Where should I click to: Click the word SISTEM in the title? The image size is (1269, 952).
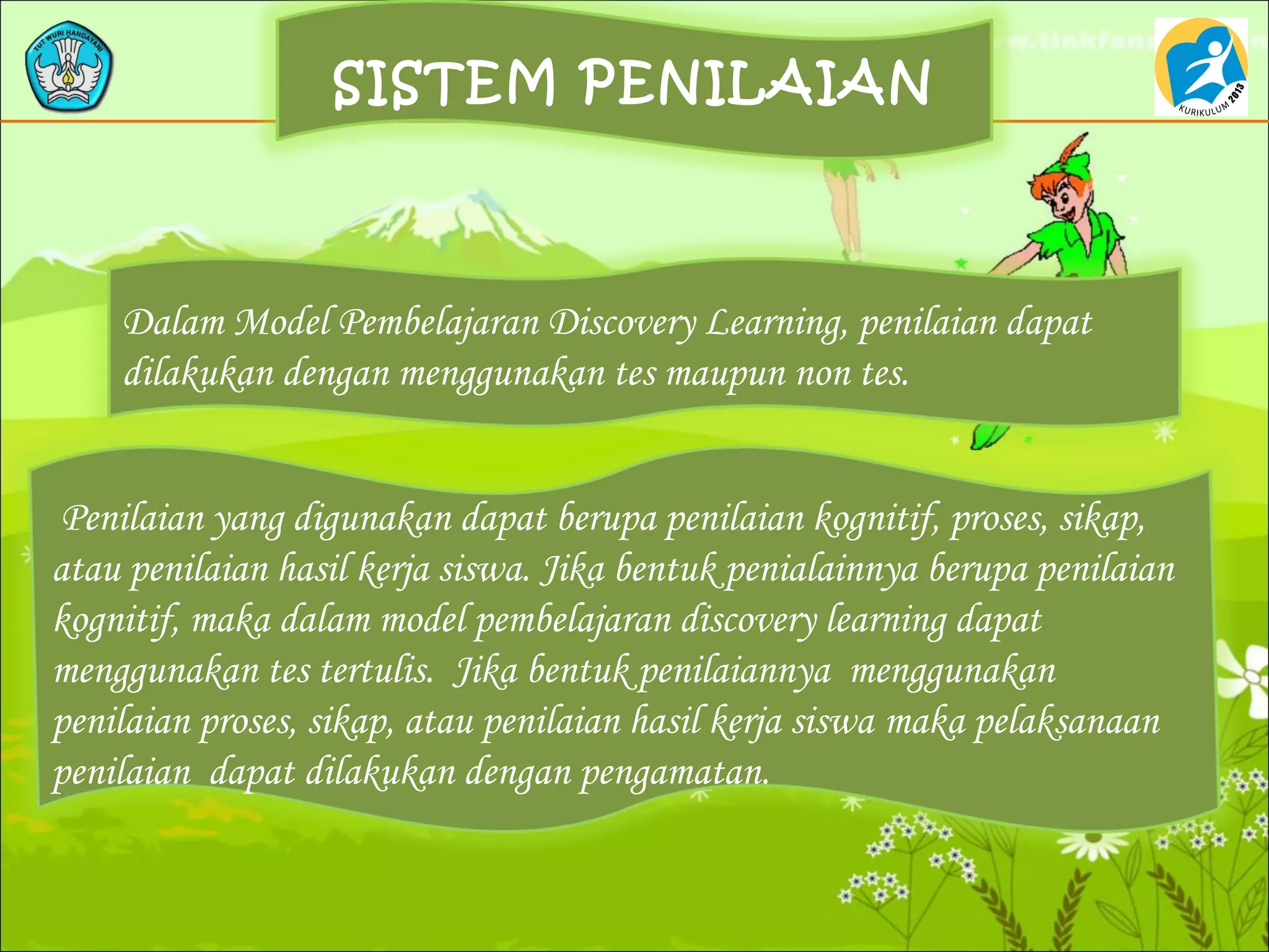coord(444,83)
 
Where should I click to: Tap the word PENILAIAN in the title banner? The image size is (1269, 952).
coord(757,83)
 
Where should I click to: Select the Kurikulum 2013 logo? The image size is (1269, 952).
coord(1200,67)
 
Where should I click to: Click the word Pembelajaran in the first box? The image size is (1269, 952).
coord(439,324)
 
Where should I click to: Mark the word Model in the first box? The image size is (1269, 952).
coord(282,324)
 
